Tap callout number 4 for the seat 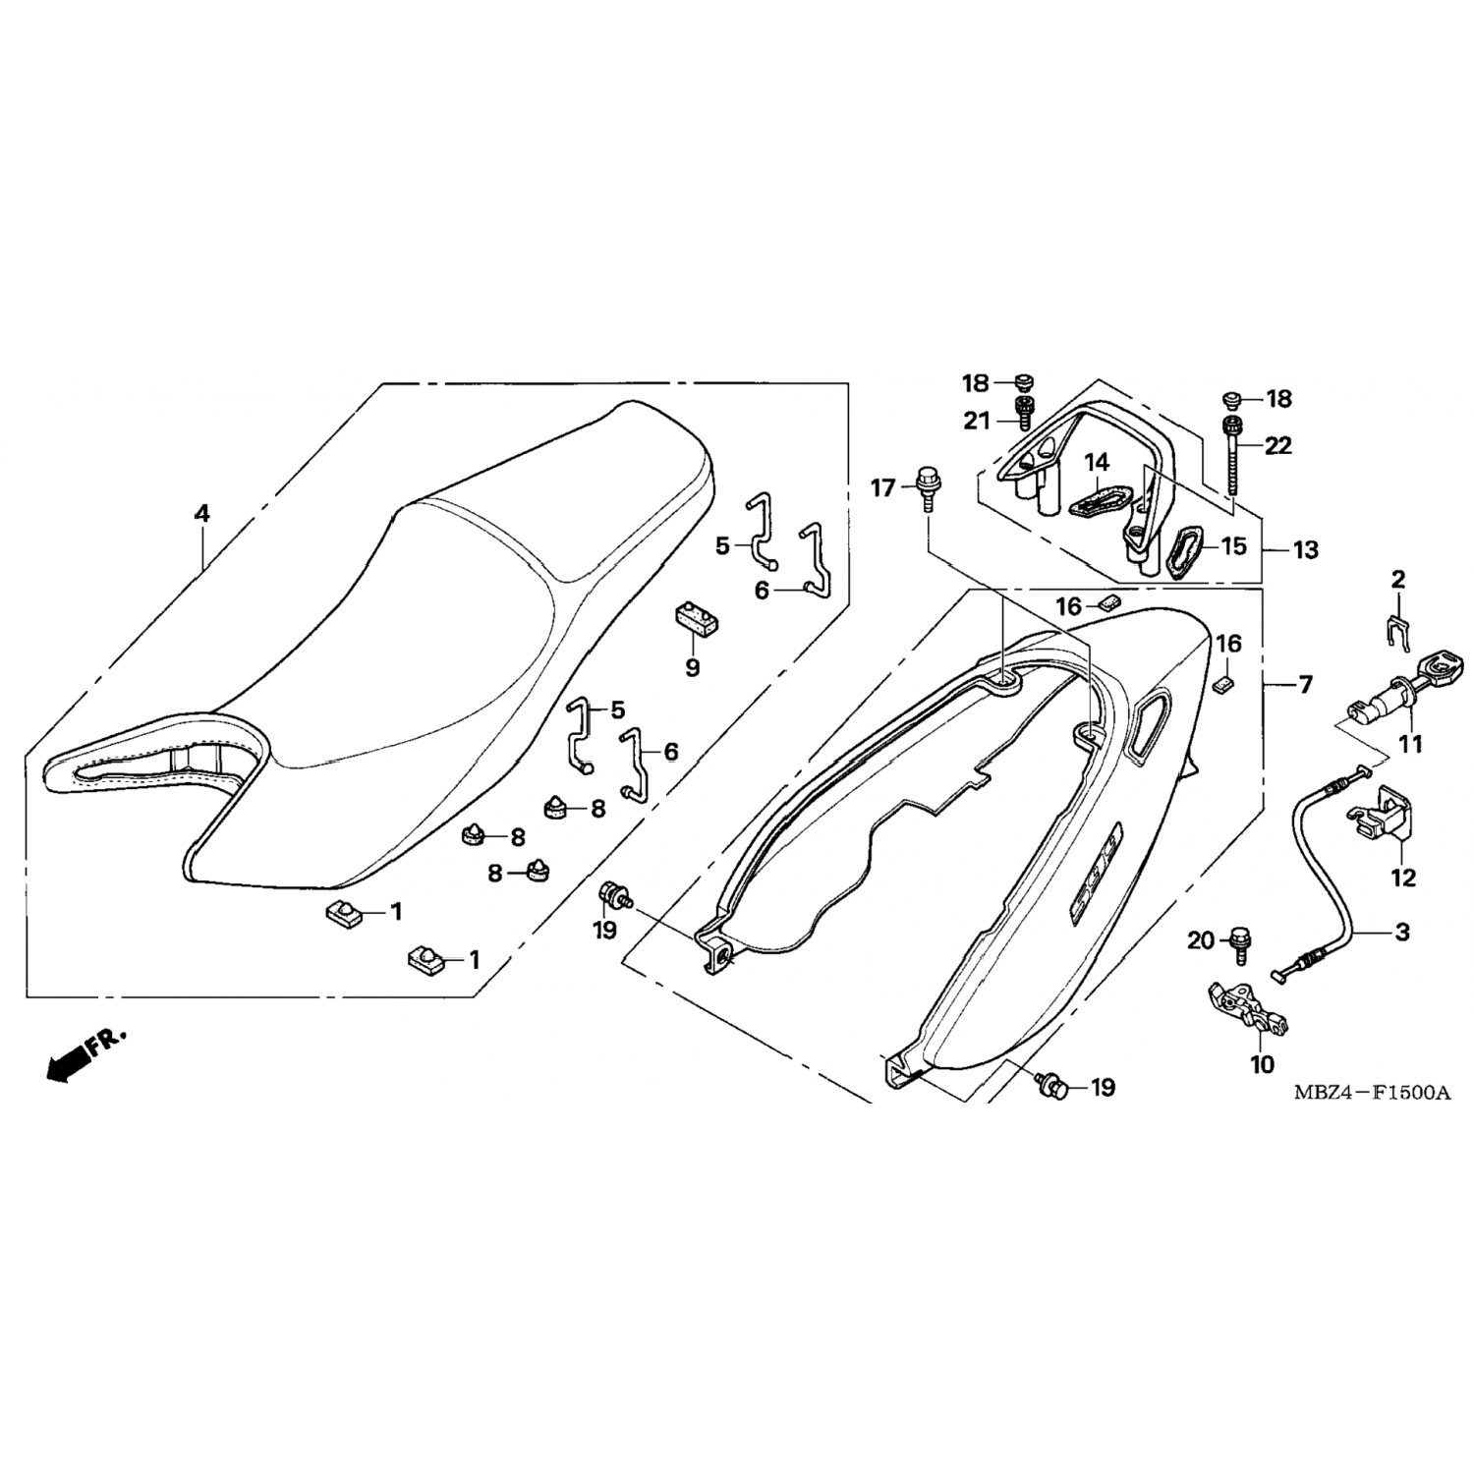(201, 513)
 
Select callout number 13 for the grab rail (1306, 549)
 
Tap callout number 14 (1097, 462)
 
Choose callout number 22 (1278, 445)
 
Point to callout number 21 (977, 421)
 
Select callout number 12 (1403, 878)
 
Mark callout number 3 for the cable (1401, 931)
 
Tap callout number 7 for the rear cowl (1305, 684)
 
